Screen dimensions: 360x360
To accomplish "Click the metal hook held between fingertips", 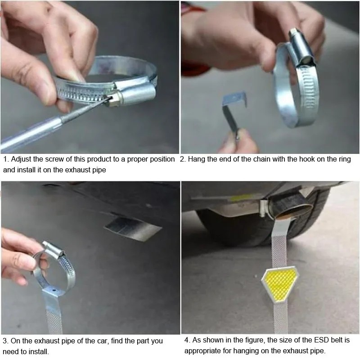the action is click(x=234, y=112).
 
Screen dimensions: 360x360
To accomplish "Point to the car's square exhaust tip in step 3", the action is click(x=133, y=229).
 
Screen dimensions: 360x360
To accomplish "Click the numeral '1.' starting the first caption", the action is click(x=6, y=159).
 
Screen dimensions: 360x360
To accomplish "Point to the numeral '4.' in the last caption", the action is click(x=187, y=340).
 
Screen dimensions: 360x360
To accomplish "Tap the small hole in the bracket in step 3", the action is click(x=54, y=290).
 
